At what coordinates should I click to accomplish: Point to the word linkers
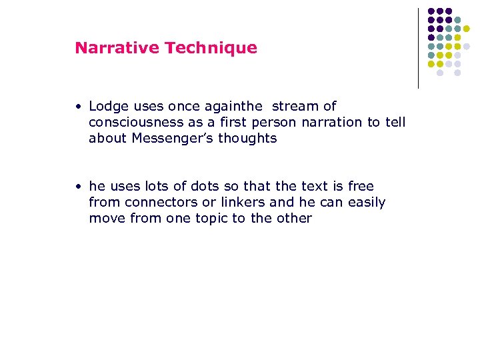coord(226,202)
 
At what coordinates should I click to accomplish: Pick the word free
coord(361,186)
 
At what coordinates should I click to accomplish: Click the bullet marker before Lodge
coord(79,107)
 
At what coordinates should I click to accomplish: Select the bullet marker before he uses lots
coord(79,187)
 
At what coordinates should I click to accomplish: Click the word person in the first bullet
coord(272,122)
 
